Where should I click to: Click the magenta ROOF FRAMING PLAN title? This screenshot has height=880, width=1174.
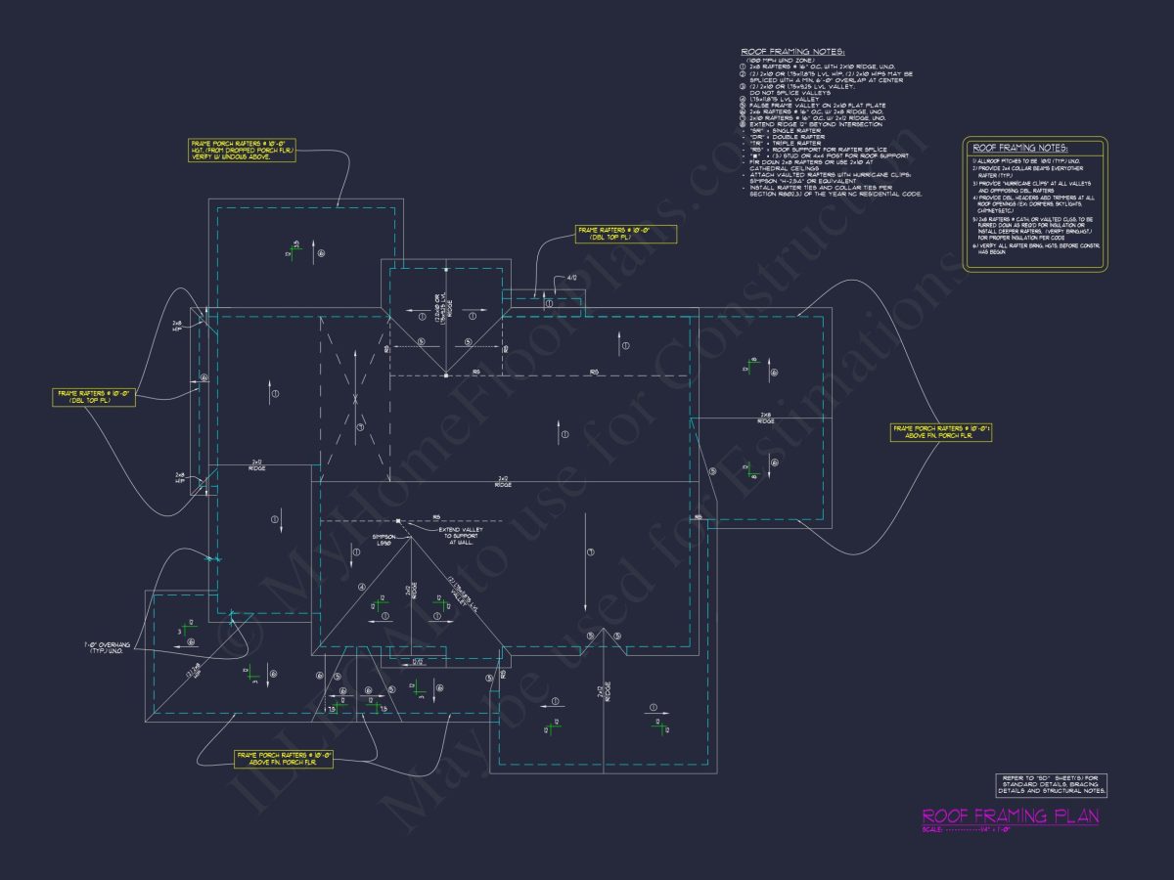1010,815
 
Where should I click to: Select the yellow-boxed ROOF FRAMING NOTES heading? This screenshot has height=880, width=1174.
1018,148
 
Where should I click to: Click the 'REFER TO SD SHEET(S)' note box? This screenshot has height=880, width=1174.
1050,784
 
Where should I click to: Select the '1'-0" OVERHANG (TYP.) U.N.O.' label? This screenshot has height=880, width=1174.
110,649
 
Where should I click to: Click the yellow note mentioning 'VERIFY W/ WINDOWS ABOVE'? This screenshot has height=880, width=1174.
242,150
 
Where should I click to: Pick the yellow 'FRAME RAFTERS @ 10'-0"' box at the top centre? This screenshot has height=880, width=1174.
613,234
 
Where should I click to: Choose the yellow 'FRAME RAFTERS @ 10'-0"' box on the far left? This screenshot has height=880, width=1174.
94,397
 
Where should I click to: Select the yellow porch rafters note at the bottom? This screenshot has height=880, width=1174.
284,759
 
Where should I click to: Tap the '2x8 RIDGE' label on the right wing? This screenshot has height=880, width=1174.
766,418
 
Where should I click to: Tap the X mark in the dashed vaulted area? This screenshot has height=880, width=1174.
356,399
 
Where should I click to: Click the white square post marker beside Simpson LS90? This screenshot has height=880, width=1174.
399,521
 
